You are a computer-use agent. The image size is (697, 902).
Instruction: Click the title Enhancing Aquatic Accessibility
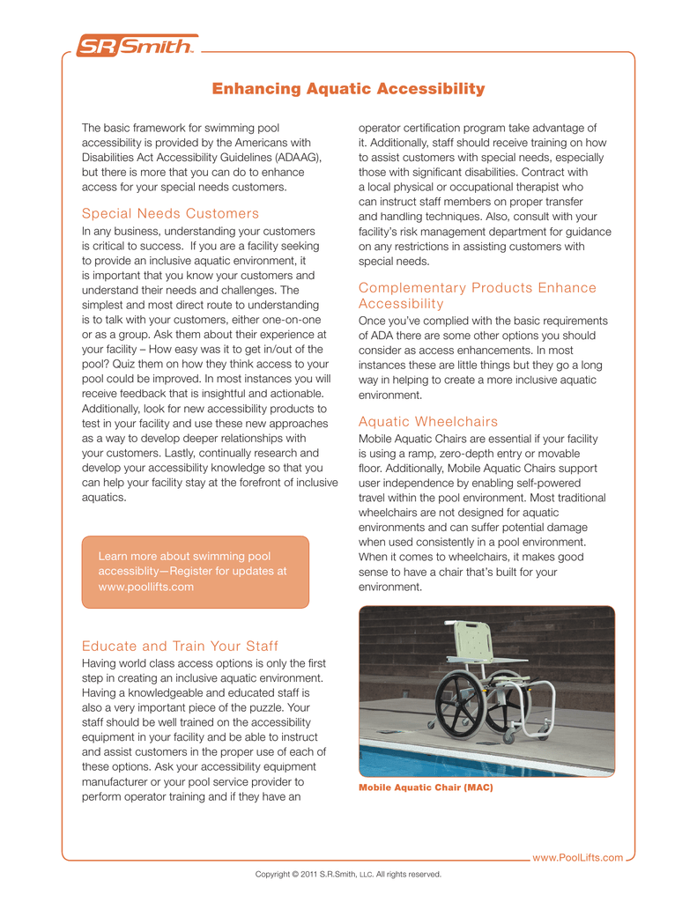349,89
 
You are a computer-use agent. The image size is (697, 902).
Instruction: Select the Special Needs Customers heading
170,213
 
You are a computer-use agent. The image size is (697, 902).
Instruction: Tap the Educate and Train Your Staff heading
180,646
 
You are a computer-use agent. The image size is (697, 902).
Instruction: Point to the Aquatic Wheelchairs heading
428,422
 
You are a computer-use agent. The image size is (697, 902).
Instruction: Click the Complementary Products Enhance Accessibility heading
477,295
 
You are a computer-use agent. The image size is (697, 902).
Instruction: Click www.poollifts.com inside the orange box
145,588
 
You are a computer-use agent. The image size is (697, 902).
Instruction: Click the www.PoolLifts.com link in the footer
578,857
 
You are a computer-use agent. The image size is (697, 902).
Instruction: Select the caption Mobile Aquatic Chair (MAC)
426,787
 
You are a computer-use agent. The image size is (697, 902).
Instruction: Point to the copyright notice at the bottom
348,875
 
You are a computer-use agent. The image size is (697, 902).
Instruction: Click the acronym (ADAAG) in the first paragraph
293,157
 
